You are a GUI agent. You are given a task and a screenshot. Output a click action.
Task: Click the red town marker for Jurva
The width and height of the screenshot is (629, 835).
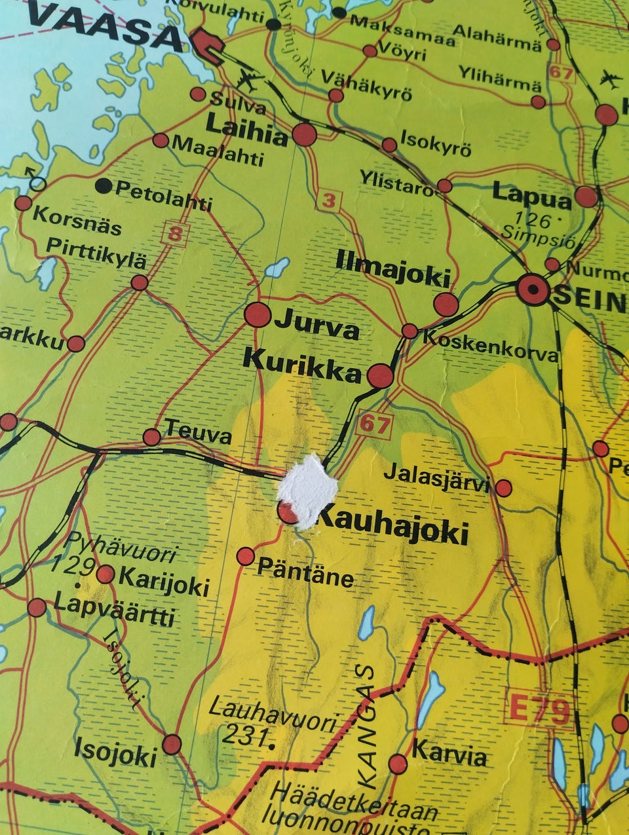(257, 314)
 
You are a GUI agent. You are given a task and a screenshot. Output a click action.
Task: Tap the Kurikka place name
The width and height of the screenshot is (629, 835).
(301, 367)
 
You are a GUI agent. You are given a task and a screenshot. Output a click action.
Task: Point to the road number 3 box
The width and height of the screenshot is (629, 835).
(328, 200)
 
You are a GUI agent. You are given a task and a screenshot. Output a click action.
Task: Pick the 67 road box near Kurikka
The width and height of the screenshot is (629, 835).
(374, 424)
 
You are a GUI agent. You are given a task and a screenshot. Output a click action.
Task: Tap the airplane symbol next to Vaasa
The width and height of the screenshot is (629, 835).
(248, 81)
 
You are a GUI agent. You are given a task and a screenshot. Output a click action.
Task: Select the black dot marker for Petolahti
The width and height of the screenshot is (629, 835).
(104, 186)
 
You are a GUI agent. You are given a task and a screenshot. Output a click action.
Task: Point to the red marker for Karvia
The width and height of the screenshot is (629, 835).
(398, 764)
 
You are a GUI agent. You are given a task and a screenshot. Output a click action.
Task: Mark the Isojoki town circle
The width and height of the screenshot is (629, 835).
(172, 744)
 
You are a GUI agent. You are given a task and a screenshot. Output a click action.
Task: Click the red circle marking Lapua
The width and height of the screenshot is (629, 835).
(586, 196)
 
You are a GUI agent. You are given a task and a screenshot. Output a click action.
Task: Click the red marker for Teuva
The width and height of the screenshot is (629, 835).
(152, 437)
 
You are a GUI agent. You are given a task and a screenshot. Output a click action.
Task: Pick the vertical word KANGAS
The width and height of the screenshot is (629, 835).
(368, 727)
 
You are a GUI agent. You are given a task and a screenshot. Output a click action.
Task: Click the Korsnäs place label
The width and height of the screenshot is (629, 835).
(77, 221)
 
